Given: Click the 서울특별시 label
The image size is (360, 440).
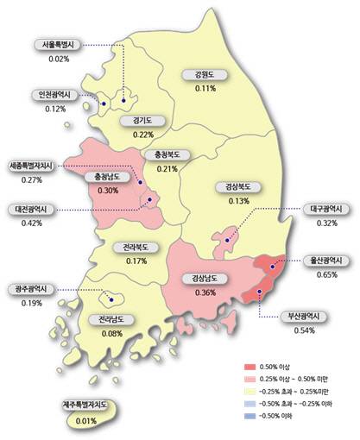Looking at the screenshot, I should [x=60, y=45].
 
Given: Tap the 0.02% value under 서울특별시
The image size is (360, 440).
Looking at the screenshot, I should [x=60, y=59].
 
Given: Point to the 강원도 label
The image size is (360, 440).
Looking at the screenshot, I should [x=205, y=75].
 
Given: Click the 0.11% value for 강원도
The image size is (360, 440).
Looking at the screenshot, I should [x=205, y=88].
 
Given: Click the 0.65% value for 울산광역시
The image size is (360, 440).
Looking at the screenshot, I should [x=327, y=274].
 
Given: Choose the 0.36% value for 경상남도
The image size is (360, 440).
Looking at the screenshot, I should [x=205, y=292].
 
